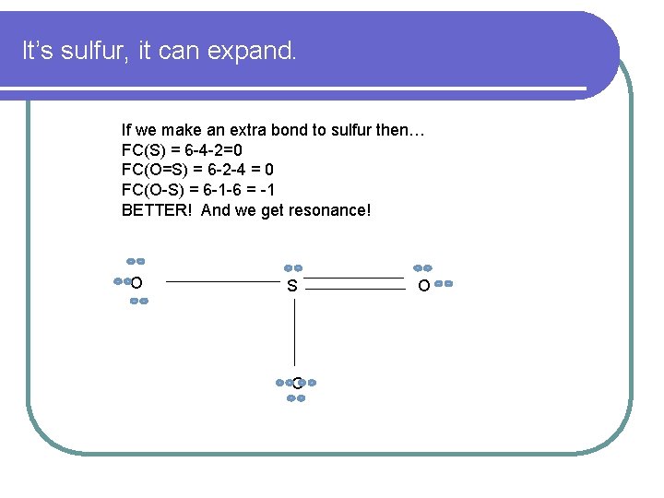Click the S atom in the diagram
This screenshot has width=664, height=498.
(292, 286)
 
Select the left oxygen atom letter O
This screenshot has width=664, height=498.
(136, 282)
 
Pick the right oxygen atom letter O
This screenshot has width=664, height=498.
(423, 287)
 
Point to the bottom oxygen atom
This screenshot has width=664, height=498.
(296, 382)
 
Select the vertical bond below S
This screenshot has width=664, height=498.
(294, 332)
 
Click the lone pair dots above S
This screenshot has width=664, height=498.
(292, 267)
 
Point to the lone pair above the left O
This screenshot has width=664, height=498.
(136, 261)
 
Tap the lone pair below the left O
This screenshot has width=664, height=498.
(139, 302)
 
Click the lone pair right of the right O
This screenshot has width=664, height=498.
(444, 284)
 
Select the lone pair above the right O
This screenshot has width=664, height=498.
(422, 267)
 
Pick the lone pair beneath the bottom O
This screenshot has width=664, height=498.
(296, 398)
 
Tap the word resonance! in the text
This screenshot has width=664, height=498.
(329, 210)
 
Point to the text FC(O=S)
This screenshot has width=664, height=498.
(152, 170)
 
